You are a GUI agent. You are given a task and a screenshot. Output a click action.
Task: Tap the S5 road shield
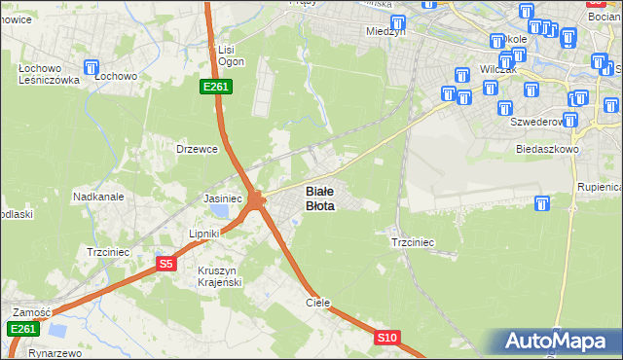click(166, 264)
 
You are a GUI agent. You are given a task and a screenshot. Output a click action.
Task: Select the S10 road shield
click(387, 338)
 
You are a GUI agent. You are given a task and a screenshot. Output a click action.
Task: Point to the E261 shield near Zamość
click(23, 330)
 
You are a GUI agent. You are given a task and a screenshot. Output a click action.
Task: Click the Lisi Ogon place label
click(229, 55)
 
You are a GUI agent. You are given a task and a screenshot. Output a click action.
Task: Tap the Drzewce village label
click(195, 149)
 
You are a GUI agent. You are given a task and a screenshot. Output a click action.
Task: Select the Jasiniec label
click(222, 198)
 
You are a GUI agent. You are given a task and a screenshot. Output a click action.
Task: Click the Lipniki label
click(206, 234)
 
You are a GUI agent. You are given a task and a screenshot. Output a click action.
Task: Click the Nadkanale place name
click(97, 196)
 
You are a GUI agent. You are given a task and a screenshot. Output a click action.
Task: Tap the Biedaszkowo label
click(547, 150)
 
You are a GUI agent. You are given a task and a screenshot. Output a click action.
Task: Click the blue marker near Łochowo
click(92, 68)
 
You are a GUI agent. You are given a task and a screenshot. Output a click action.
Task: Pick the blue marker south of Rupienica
click(542, 203)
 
